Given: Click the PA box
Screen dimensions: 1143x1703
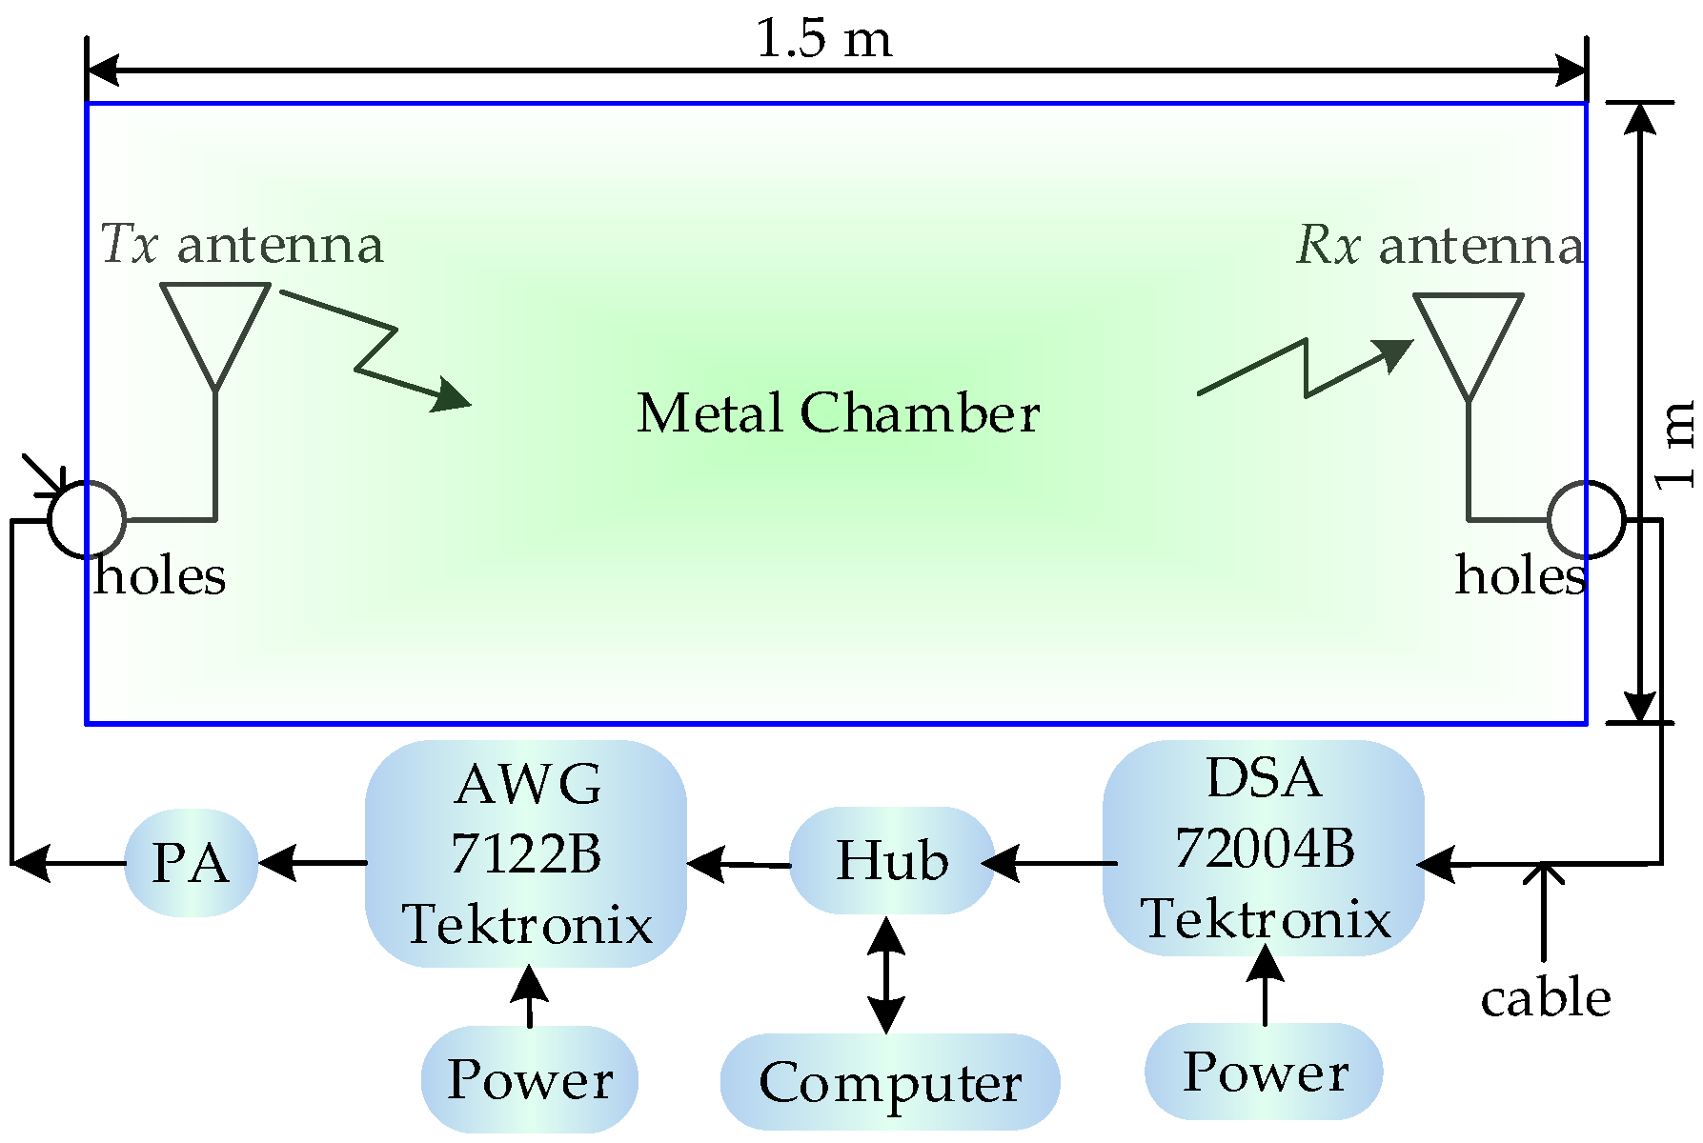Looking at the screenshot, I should coord(191,863).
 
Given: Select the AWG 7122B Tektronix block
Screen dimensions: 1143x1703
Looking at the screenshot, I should coord(526,854).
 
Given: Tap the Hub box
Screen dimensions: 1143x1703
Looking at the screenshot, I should coord(892,861).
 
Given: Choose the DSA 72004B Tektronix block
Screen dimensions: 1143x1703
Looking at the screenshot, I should coord(1264,849).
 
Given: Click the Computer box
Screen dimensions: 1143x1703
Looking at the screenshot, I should coord(889,1082).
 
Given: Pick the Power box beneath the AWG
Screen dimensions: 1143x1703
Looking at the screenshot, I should coord(530,1079).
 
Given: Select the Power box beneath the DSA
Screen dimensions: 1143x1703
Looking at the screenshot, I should coord(1264,1072).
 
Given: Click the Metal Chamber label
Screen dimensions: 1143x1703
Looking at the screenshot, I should coord(838,413).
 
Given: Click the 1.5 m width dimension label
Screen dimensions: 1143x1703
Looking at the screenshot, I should coord(824,39).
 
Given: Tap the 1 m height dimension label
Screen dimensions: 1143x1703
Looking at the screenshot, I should coord(1675,444).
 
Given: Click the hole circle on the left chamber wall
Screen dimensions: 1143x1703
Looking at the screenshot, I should coord(87,519).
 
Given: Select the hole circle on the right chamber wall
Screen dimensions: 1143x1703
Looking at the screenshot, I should coord(1585,519).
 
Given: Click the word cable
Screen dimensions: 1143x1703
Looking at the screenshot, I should coord(1545,998).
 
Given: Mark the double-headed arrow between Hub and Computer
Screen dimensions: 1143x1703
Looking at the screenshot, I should coord(886,974).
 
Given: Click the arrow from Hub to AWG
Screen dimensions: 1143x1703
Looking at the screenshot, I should coord(739,864).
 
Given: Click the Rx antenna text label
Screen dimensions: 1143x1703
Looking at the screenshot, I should coord(1439,246).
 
